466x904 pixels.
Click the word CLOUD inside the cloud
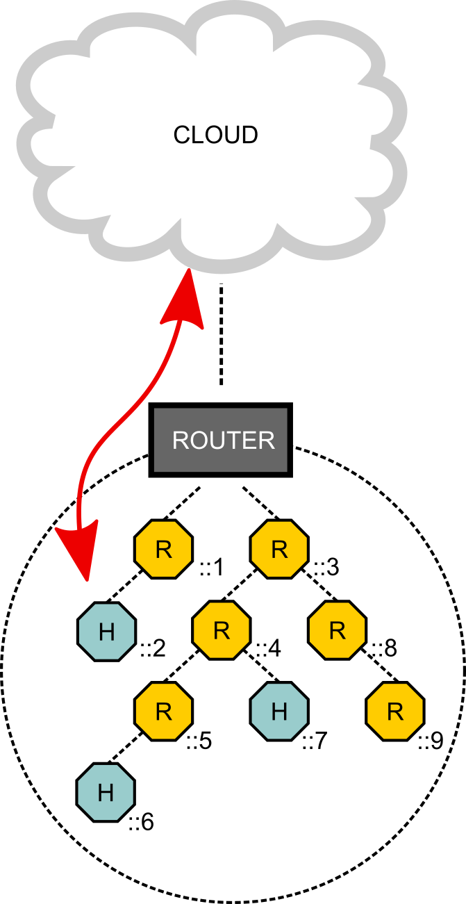click(x=215, y=135)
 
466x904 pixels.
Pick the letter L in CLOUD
click(x=197, y=135)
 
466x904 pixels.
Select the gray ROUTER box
click(x=220, y=440)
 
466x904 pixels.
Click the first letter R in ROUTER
click(x=180, y=441)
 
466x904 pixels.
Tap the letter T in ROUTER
click(x=230, y=441)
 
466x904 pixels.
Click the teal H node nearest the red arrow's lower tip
click(x=106, y=632)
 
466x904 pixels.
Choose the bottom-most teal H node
click(x=106, y=792)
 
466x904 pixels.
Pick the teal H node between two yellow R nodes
click(x=279, y=712)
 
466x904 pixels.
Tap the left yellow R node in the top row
click(x=163, y=550)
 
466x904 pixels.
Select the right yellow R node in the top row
click(x=279, y=550)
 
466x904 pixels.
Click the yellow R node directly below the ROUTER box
click(x=222, y=630)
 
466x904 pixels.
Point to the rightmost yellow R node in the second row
click(x=337, y=630)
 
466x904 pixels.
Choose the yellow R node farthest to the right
click(x=395, y=712)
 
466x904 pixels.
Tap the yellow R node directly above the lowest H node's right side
click(x=163, y=712)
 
